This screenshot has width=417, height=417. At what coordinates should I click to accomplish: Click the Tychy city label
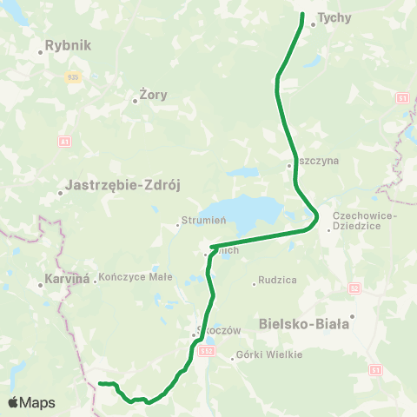point(332,17)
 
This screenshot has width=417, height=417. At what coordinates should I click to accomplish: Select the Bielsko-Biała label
point(303,324)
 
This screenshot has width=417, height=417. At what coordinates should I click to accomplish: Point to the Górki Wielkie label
point(270,354)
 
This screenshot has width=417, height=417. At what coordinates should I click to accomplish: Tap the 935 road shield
point(72,76)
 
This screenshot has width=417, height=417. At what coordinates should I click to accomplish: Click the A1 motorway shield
point(64,140)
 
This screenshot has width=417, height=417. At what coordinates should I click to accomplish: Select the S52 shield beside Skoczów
point(205,351)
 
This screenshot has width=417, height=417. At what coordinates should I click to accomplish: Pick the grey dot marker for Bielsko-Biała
point(353,316)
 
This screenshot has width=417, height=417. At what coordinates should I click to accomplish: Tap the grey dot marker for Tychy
point(313,24)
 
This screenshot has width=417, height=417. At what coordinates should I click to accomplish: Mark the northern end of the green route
point(302,15)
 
